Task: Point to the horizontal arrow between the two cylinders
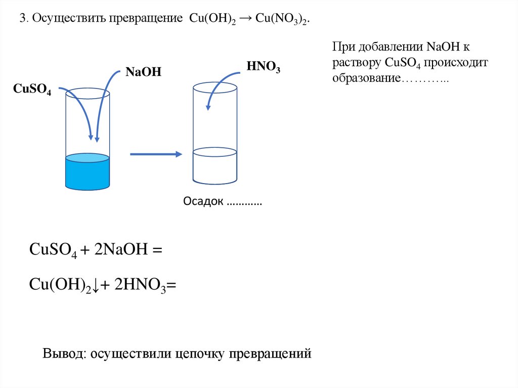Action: coord(156,154)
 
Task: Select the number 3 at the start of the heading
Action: coord(22,19)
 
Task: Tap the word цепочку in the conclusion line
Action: coord(200,354)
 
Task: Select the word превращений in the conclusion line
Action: coord(269,354)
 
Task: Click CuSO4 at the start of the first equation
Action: coord(53,250)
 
